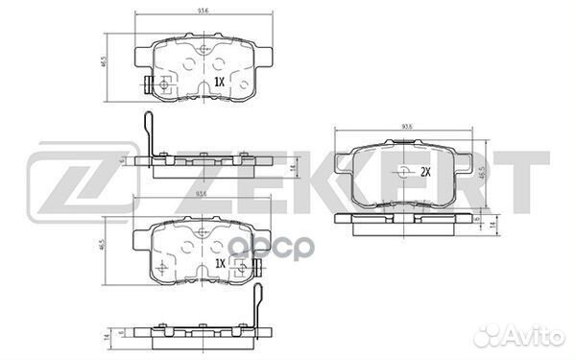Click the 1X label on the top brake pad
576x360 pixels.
point(219,83)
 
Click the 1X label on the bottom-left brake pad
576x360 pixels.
point(219,262)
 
